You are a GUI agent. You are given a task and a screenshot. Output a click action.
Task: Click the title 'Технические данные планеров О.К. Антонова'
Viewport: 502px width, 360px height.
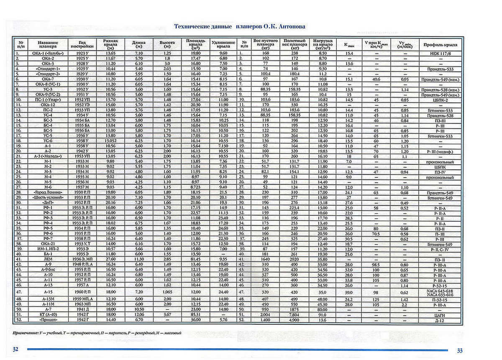pyautogui.click(x=239, y=26)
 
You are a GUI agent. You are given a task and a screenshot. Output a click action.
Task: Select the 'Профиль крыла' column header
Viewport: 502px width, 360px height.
pyautogui.click(x=440, y=44)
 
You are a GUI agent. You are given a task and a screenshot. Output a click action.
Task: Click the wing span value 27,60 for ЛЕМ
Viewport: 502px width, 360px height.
pyautogui.click(x=109, y=259)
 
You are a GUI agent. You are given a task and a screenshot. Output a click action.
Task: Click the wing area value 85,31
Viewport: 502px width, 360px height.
pyautogui.click(x=195, y=314)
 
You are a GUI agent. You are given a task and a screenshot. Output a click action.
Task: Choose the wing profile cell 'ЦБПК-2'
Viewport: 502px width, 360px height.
pyautogui.click(x=440, y=100)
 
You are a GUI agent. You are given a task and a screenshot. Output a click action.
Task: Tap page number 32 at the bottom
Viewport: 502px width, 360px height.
pyautogui.click(x=15, y=350)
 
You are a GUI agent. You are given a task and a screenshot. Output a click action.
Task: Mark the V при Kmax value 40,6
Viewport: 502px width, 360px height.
pyautogui.click(x=376, y=79)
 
